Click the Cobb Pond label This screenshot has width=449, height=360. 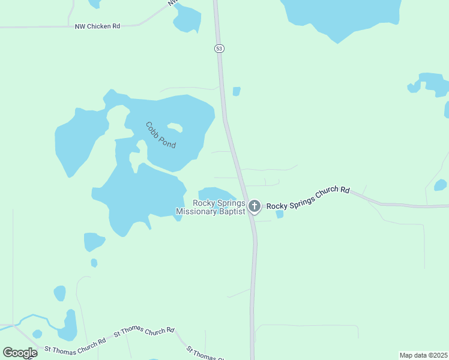(160, 136)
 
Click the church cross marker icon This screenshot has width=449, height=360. (255, 207)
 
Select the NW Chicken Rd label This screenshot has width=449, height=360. (97, 26)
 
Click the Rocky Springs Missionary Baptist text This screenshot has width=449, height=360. (211, 208)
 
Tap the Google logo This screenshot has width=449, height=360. (20, 353)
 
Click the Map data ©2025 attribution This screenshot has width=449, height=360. (424, 355)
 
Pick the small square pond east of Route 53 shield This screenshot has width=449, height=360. (237, 91)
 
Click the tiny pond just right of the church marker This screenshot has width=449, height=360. (279, 214)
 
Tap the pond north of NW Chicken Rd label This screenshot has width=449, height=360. (187, 20)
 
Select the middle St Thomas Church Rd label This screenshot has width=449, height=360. (144, 331)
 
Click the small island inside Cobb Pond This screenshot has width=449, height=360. (175, 127)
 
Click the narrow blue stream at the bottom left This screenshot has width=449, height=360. (36, 317)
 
